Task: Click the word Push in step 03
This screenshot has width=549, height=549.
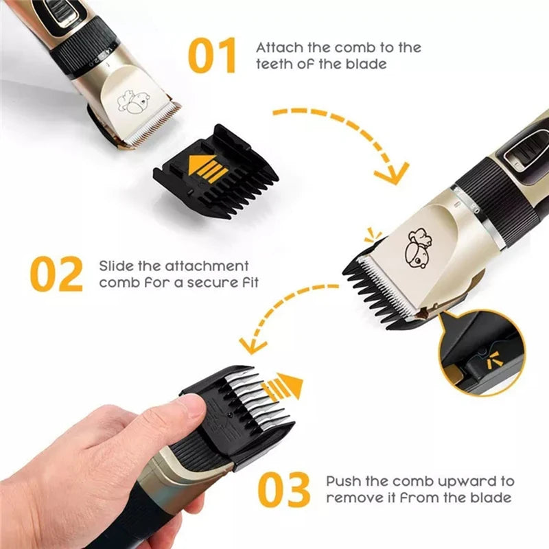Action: click(342, 482)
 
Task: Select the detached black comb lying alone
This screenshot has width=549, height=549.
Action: click(216, 172)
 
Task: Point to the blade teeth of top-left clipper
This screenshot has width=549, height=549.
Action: click(154, 124)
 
